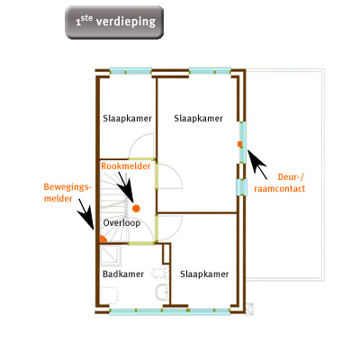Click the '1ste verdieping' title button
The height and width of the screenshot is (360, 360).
pyautogui.click(x=114, y=22)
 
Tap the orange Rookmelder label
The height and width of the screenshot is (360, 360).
pyautogui.click(x=126, y=166)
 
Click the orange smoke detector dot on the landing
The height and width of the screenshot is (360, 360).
pyautogui.click(x=136, y=208)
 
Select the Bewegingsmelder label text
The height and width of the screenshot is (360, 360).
pyautogui.click(x=67, y=193)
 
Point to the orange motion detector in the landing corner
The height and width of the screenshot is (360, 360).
pyautogui.click(x=103, y=239)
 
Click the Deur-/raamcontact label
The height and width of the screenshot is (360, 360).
pyautogui.click(x=280, y=183)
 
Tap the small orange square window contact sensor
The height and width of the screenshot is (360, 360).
pyautogui.click(x=239, y=144)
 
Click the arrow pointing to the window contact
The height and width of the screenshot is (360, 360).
pyautogui.click(x=256, y=164)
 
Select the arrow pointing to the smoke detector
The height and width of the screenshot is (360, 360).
pyautogui.click(x=125, y=186)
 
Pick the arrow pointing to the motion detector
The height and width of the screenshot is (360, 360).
pyautogui.click(x=85, y=214)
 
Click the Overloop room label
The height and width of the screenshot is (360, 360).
pyautogui.click(x=121, y=223)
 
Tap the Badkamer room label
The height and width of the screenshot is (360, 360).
pyautogui.click(x=123, y=274)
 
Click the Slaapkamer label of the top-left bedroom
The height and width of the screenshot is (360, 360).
pyautogui.click(x=128, y=119)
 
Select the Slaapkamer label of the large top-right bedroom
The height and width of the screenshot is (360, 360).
pyautogui.click(x=199, y=119)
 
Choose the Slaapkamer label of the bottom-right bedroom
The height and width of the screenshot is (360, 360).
pyautogui.click(x=204, y=274)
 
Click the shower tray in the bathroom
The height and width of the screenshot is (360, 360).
pyautogui.click(x=111, y=256)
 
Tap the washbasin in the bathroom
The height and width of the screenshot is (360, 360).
pyautogui.click(x=162, y=292)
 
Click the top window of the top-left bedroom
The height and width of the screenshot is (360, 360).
pyautogui.click(x=130, y=71)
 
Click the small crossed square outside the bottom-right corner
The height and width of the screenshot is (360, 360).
pyautogui.click(x=249, y=309)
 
